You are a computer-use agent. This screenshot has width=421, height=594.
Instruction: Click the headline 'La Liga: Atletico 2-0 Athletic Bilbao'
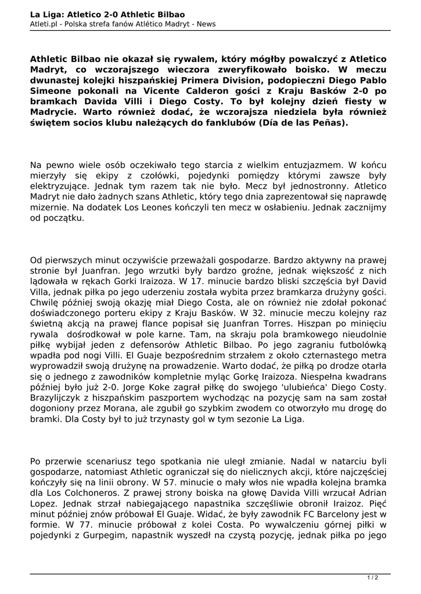(107, 14)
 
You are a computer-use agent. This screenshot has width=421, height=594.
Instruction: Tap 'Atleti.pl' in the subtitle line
(46, 24)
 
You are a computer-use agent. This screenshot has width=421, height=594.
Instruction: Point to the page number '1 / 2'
(373, 577)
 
